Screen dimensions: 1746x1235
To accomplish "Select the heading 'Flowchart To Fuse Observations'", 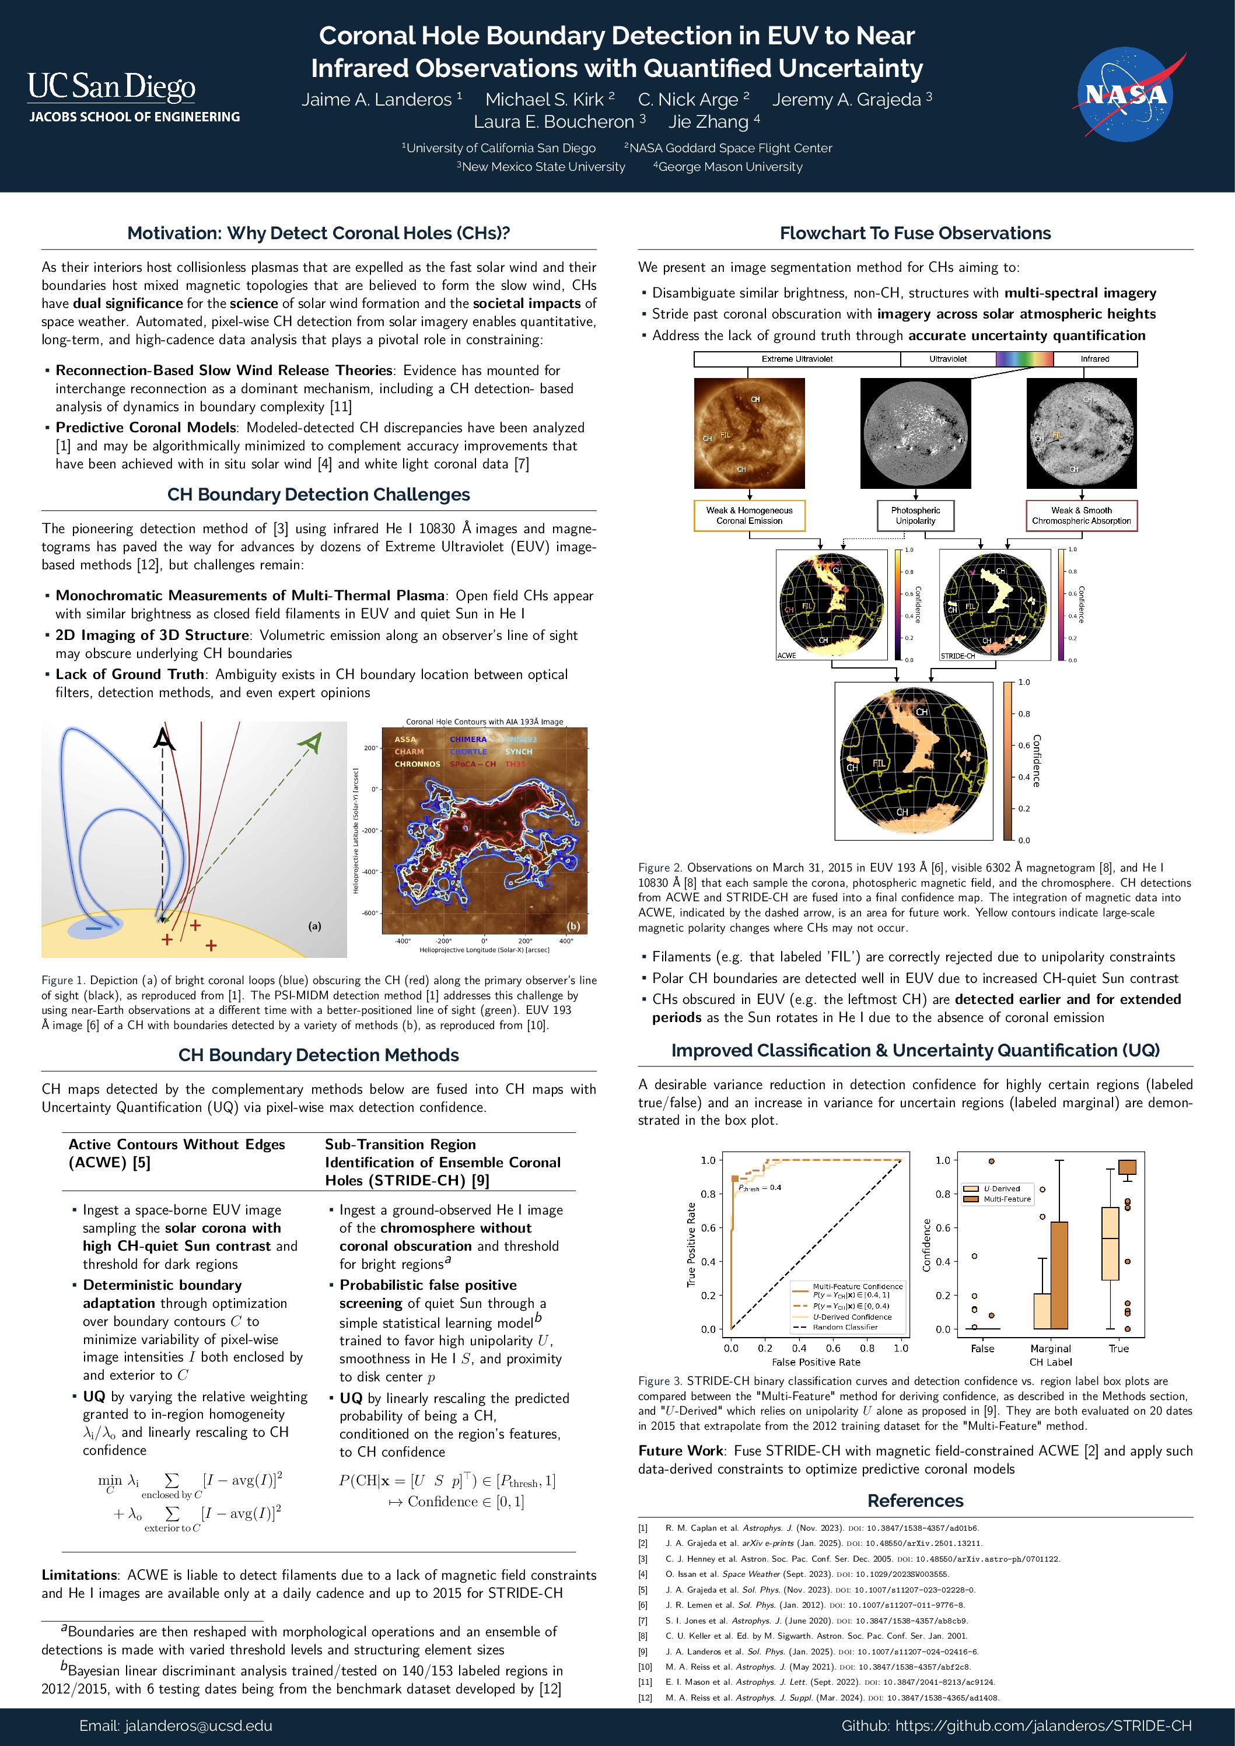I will click(x=915, y=233).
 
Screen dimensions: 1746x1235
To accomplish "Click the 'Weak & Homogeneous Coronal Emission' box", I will click(x=749, y=516).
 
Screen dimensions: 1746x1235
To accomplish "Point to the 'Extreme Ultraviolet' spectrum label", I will click(x=797, y=359).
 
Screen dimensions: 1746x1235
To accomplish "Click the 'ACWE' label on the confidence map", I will click(x=786, y=656).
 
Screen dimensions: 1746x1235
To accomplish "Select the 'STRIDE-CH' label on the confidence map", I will click(x=957, y=656).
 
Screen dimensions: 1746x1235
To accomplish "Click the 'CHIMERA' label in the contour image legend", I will click(x=468, y=739).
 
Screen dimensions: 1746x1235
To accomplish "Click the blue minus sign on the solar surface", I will click(x=93, y=928).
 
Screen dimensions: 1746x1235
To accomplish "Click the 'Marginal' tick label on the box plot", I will click(x=1050, y=1348).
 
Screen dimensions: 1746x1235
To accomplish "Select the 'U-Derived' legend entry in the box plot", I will click(x=1002, y=1188).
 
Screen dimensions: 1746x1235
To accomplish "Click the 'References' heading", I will click(x=915, y=1501).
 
